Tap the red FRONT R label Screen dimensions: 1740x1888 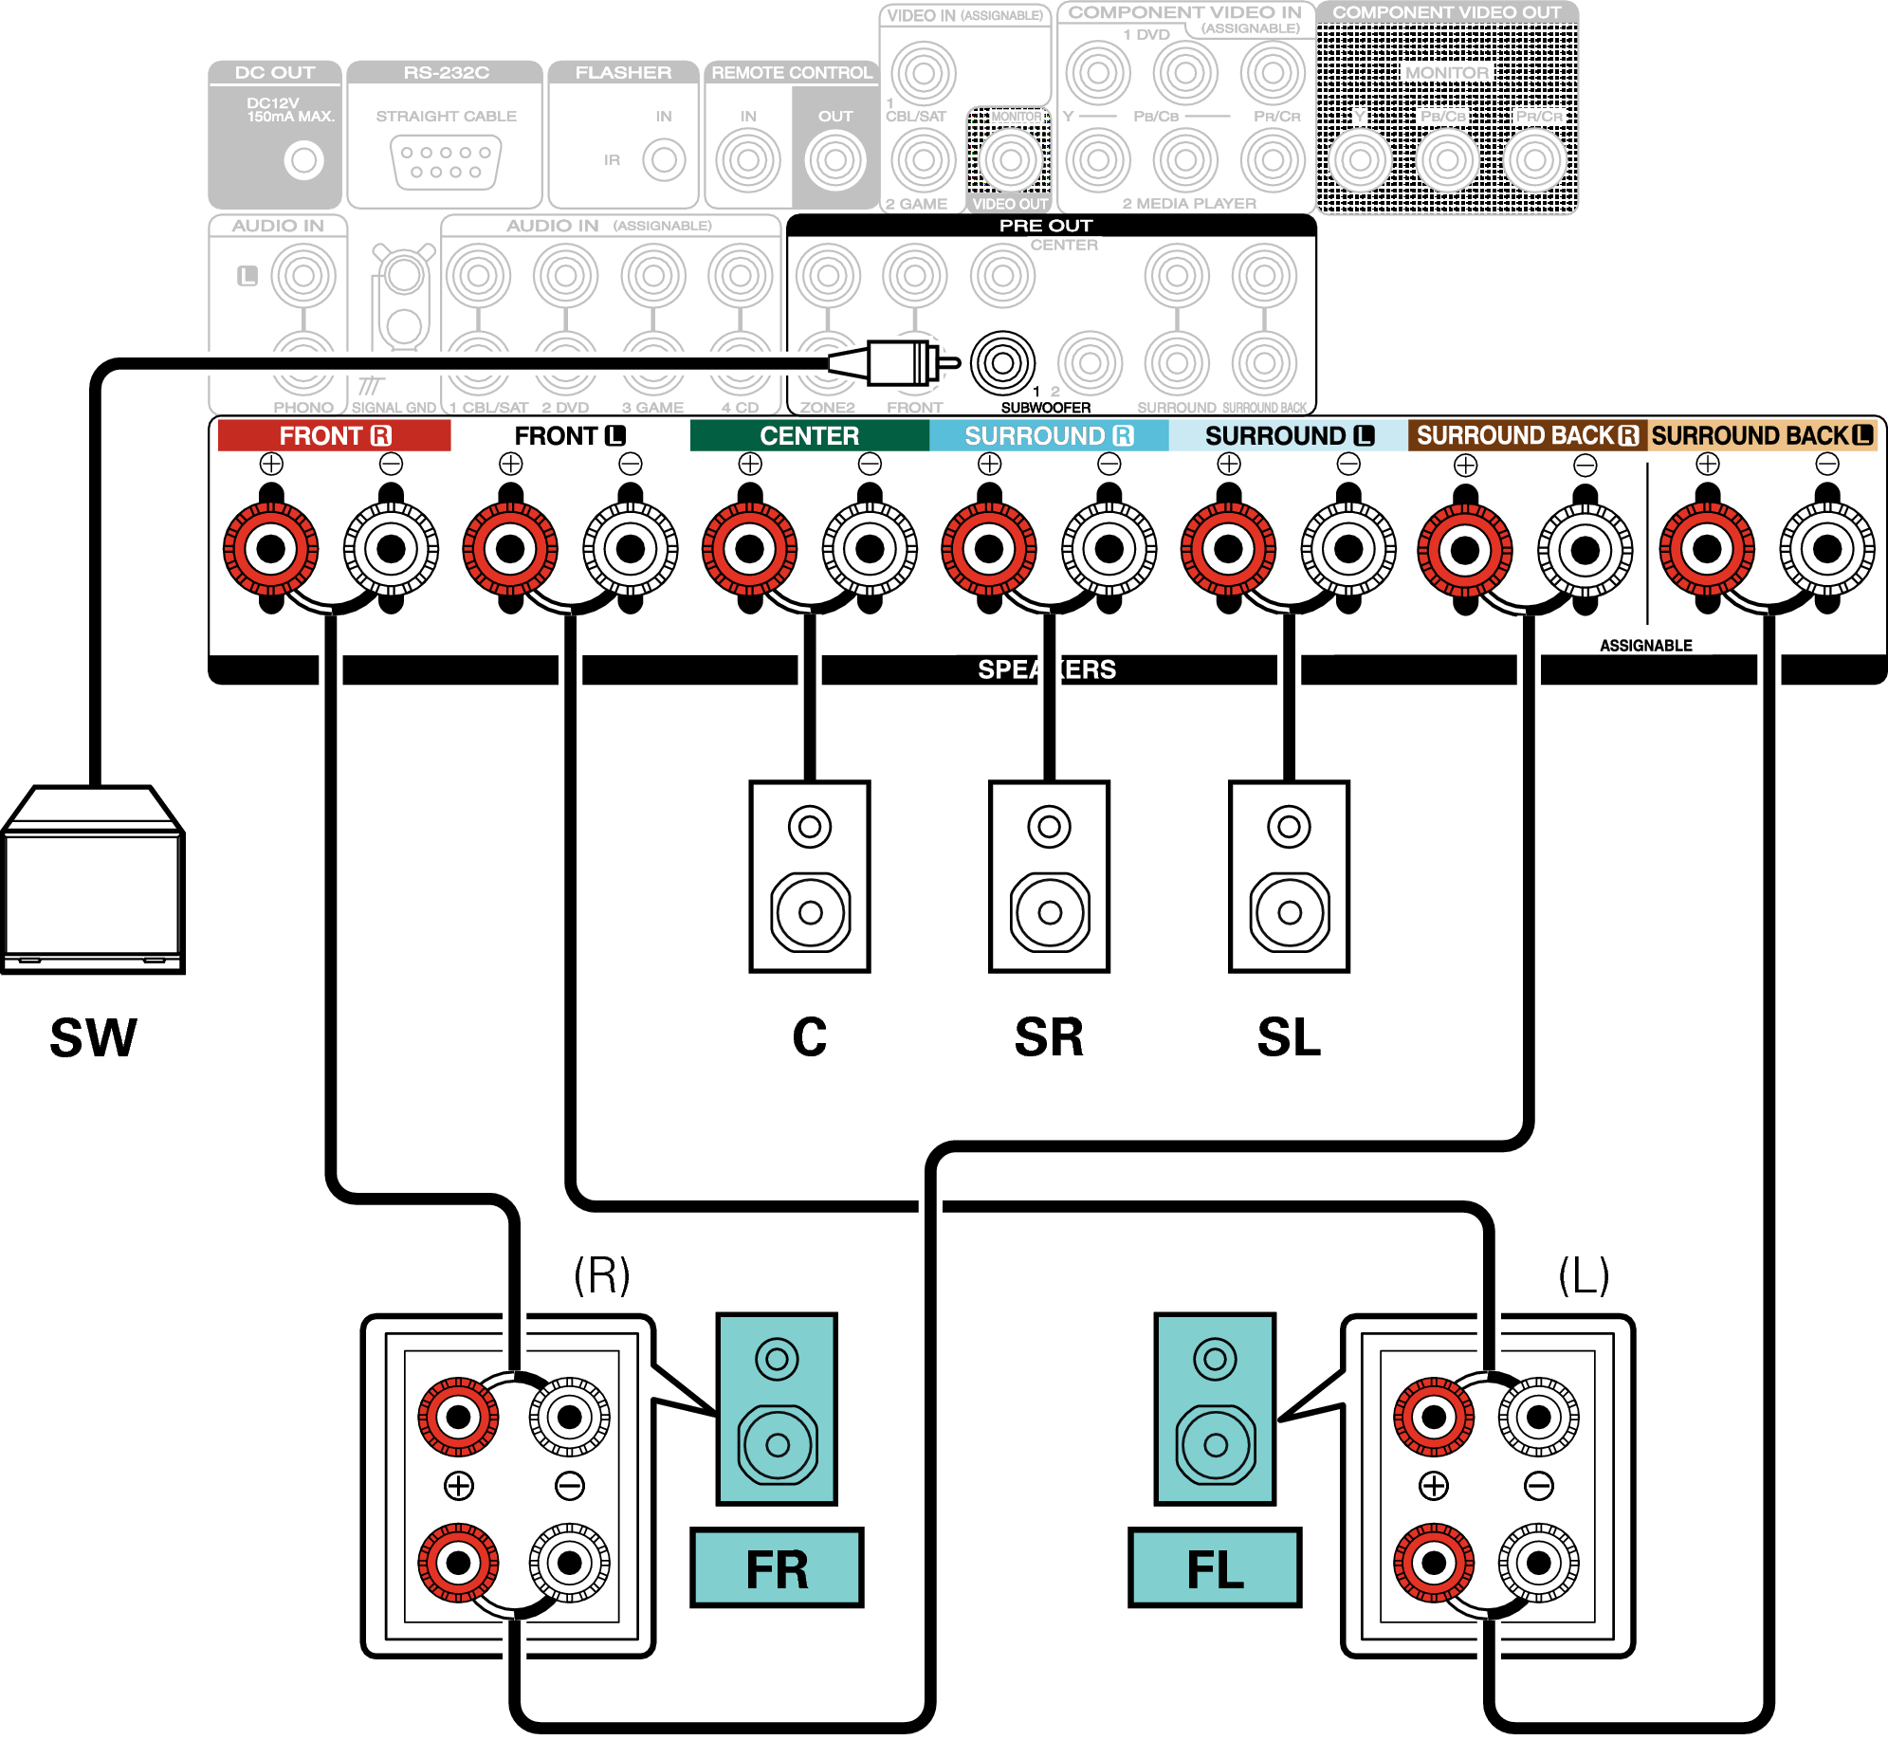click(334, 435)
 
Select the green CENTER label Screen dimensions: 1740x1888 click(809, 435)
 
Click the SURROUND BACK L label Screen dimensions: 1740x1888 click(1762, 435)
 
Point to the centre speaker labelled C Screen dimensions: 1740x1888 click(810, 876)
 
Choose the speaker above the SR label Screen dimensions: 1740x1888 click(1049, 876)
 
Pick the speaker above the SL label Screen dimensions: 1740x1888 click(1289, 876)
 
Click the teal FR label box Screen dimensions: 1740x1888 click(777, 1568)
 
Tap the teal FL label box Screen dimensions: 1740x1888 click(1215, 1568)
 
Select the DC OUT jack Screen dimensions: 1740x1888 click(303, 160)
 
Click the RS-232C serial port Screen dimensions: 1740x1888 click(446, 161)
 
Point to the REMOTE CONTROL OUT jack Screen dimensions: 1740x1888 click(835, 160)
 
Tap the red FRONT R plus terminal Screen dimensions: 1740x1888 click(271, 548)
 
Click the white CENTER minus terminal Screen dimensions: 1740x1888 click(870, 548)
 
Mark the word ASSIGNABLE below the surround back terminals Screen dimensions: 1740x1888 click(1645, 646)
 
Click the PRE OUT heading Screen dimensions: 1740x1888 click(1046, 226)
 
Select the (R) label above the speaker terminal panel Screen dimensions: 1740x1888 click(602, 1275)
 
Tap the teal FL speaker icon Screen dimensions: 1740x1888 click(1215, 1408)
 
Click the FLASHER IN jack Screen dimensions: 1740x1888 click(664, 160)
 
